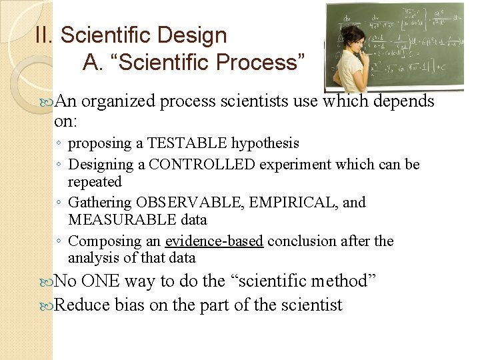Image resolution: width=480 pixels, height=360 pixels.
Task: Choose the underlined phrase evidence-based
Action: click(x=214, y=241)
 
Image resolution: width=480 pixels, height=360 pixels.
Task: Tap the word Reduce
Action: click(x=82, y=305)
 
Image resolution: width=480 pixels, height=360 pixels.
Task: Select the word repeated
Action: click(x=95, y=182)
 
